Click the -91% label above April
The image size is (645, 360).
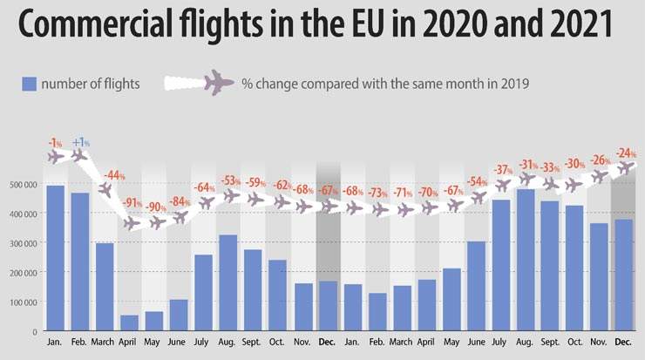[132, 203]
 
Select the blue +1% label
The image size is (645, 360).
[81, 142]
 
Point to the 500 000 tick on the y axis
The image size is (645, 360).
[24, 185]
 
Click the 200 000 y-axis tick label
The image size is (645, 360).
[24, 273]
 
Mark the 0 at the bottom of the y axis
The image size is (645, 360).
[36, 331]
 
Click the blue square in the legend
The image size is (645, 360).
[29, 84]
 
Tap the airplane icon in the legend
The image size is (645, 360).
[219, 83]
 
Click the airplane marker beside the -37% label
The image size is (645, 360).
[502, 186]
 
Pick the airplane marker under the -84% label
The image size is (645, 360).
[180, 217]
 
